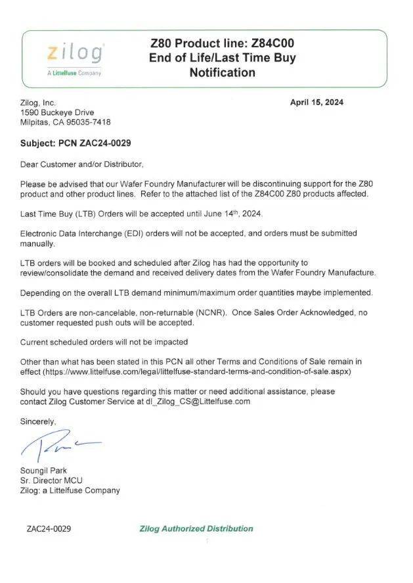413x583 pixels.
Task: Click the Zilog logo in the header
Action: [x=74, y=53]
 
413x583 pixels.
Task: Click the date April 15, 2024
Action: [x=316, y=103]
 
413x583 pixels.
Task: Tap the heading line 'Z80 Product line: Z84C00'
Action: [x=222, y=43]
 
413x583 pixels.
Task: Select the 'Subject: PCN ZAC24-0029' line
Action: [x=80, y=143]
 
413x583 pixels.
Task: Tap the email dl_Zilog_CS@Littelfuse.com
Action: [x=198, y=402]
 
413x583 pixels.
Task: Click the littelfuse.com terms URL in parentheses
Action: [x=196, y=372]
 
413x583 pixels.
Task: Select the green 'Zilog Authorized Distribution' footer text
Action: [x=196, y=528]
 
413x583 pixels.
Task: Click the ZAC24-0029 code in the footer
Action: [x=49, y=528]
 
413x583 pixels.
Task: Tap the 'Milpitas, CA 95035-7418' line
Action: [x=66, y=122]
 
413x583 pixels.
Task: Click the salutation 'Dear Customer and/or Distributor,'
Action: [x=81, y=164]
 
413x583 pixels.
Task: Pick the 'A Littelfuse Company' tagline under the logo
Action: [x=74, y=73]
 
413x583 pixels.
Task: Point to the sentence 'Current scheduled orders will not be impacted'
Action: [x=104, y=342]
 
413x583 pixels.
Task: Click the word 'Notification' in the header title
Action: [x=222, y=72]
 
